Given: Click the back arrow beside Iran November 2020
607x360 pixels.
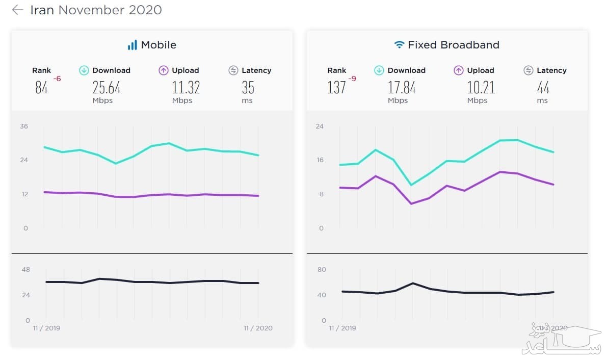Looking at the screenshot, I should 17,10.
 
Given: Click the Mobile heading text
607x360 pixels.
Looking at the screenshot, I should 159,45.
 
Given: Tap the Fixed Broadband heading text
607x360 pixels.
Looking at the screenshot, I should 453,45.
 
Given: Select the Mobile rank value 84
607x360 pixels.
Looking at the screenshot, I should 41,88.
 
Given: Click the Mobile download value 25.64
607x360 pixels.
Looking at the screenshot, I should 107,88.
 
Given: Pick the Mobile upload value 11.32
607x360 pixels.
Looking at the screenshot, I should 186,88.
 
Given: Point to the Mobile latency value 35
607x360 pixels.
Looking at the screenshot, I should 248,88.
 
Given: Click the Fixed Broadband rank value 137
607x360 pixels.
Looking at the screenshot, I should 336,88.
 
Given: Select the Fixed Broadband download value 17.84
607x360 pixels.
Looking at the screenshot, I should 402,88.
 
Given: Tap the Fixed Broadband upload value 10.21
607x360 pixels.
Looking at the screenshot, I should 481,88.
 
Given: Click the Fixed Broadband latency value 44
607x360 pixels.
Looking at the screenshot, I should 543,88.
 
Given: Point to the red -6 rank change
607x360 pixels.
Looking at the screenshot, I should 57,79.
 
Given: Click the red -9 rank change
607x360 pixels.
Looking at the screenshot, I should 352,79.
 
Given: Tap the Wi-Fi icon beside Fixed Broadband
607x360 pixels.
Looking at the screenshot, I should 399,45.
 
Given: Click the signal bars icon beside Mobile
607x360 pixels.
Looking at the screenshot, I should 133,45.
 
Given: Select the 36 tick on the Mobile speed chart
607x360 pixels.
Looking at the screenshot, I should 24,126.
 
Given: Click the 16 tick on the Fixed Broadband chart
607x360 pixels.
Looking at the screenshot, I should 320,160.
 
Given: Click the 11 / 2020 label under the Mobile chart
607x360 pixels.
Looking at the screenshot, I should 258,328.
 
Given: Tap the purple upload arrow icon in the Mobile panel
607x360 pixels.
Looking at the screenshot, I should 164,70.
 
